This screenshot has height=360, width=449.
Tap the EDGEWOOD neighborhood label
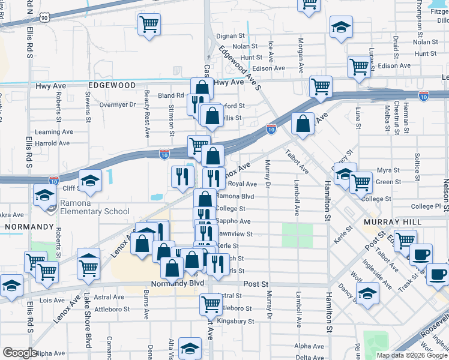click(112, 86)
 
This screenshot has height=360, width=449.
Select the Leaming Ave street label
click(52, 132)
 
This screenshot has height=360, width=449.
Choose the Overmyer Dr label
click(118, 104)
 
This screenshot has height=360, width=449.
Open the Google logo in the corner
click(20, 353)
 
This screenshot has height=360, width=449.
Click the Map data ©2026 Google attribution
click(412, 355)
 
